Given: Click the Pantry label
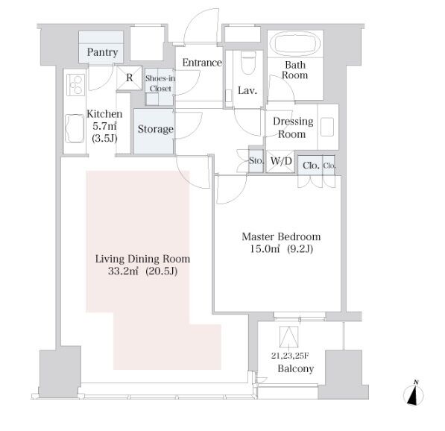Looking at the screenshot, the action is [102, 52].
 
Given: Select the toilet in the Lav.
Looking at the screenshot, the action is [249, 63].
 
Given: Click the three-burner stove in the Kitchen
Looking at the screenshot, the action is [75, 84].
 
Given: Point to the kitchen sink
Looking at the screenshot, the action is [75, 128].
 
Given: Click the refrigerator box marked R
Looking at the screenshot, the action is [129, 78].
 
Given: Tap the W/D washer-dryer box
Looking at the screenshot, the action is [281, 161].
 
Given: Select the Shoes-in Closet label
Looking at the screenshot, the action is [160, 84].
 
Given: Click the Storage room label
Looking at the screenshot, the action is [156, 129].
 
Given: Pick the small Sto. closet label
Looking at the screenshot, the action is [256, 161].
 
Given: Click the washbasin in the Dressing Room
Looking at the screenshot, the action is [327, 128].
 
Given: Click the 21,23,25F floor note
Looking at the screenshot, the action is [290, 356].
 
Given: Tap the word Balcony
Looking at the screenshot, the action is [296, 369].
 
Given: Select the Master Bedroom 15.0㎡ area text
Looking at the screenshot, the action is [261, 249].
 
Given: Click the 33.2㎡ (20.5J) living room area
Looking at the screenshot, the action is [143, 271].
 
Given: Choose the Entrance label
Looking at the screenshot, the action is [202, 63].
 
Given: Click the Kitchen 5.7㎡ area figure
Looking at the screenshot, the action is [104, 126].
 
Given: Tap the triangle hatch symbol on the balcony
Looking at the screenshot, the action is [289, 337].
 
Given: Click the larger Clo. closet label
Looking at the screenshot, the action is [311, 166].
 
